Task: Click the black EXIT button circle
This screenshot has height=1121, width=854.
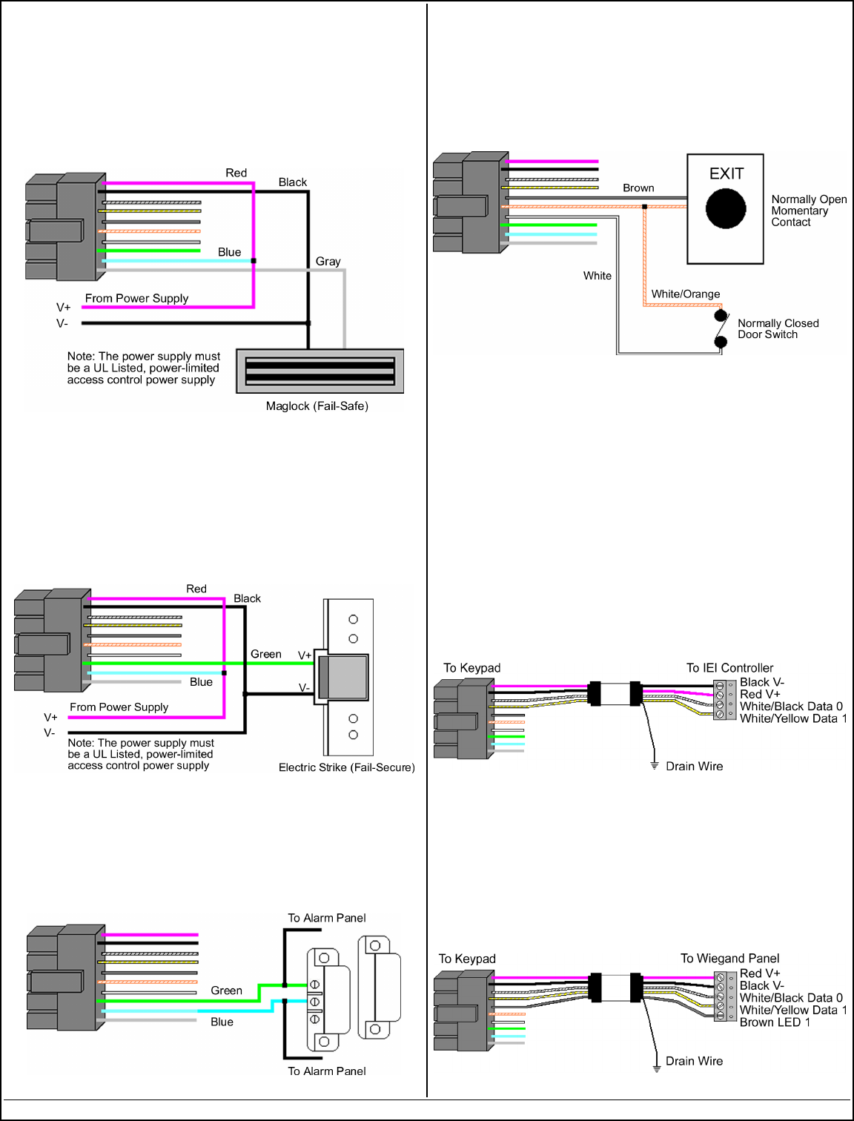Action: pyautogui.click(x=725, y=208)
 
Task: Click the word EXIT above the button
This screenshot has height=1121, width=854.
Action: pyautogui.click(x=726, y=173)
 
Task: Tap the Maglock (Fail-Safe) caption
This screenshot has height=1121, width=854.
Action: pyautogui.click(x=317, y=406)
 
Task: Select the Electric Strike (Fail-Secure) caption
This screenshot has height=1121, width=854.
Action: pyautogui.click(x=346, y=767)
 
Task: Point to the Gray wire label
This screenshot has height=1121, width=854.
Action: pyautogui.click(x=328, y=262)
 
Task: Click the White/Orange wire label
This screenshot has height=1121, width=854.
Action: pyautogui.click(x=685, y=294)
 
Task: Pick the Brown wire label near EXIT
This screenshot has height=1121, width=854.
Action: pyautogui.click(x=638, y=188)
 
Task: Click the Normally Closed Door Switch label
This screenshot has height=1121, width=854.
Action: pyautogui.click(x=778, y=329)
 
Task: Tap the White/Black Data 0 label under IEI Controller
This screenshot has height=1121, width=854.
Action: pyautogui.click(x=790, y=707)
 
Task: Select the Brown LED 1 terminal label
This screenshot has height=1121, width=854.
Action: pyautogui.click(x=775, y=1022)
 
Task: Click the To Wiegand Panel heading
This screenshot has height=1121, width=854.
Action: pyautogui.click(x=729, y=959)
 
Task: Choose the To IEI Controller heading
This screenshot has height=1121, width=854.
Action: pyautogui.click(x=729, y=668)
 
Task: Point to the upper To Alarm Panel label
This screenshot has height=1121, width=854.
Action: pyautogui.click(x=326, y=918)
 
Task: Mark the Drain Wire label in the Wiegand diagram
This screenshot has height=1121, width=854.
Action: pyautogui.click(x=694, y=1061)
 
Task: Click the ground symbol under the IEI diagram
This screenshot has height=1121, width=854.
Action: pyautogui.click(x=655, y=765)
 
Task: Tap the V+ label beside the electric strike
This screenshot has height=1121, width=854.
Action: pyautogui.click(x=304, y=655)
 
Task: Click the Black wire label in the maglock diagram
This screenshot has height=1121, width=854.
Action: pyautogui.click(x=292, y=182)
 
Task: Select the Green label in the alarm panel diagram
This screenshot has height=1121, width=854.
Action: pyautogui.click(x=226, y=991)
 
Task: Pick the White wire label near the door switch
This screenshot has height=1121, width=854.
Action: pyautogui.click(x=597, y=276)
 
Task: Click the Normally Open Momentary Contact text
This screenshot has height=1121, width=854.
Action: pyautogui.click(x=808, y=211)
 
